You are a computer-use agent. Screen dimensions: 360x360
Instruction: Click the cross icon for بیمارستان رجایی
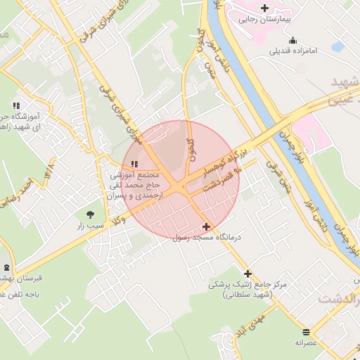[264, 8]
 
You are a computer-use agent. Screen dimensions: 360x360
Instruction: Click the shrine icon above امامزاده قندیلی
[292, 39]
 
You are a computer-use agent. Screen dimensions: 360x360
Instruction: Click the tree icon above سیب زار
[89, 214]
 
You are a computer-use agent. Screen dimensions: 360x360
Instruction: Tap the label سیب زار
[91, 227]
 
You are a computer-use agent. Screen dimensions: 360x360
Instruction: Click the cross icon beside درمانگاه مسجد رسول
[206, 226]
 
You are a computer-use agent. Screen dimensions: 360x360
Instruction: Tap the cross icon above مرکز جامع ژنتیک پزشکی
[247, 274]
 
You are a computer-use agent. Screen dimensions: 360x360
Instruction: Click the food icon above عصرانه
[306, 331]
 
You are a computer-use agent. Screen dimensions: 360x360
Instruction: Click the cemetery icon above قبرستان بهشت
[7, 267]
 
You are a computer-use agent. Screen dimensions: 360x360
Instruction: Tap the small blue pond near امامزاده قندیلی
[339, 47]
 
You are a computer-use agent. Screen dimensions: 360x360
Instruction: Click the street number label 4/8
[49, 170]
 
